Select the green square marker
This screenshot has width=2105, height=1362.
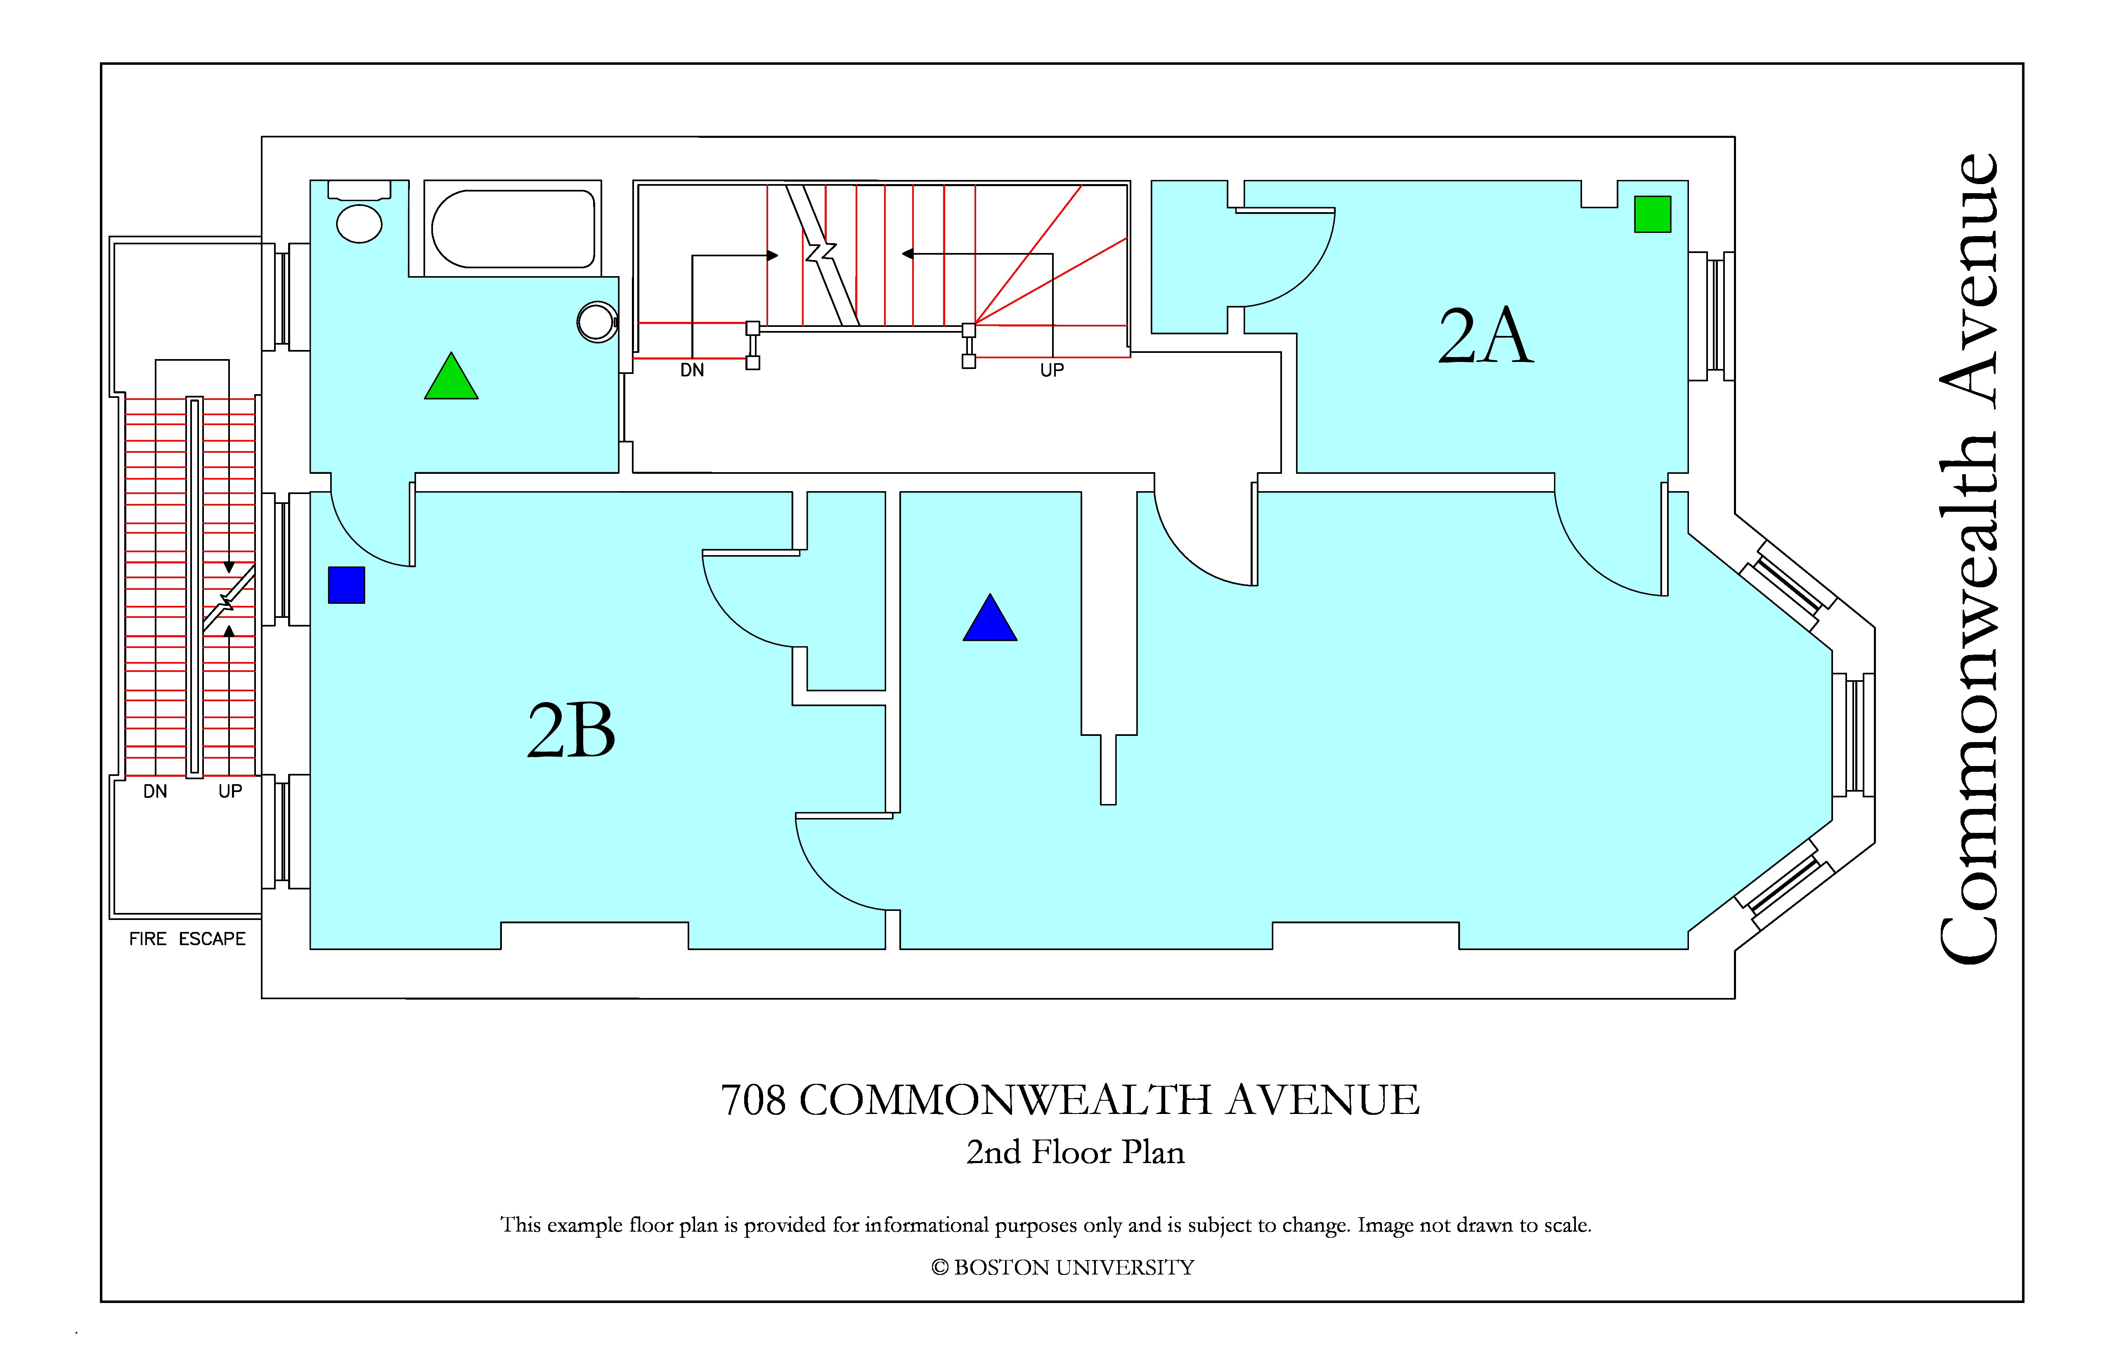(x=1652, y=214)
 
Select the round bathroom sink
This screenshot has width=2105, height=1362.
(x=597, y=322)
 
